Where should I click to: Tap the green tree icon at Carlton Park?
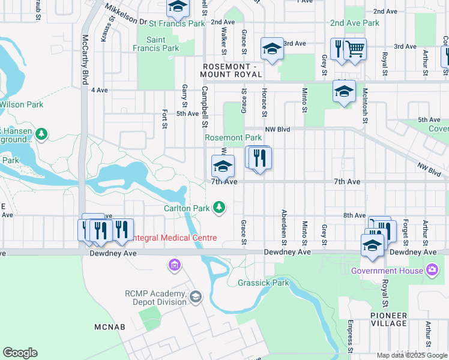coord(220,207)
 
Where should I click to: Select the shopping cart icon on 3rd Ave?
coord(356,49)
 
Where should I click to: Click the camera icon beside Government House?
coord(431,269)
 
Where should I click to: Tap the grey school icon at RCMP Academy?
coord(195,297)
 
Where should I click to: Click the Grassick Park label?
coord(263,283)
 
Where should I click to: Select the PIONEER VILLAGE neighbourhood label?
coord(388,319)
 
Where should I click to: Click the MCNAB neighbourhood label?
coord(109,327)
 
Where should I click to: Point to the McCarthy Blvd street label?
coord(85,59)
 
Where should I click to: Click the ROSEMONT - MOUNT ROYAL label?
coord(232,70)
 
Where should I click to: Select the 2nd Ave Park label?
coord(354,23)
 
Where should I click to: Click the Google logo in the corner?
coord(20,353)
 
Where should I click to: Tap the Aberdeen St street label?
coord(283,227)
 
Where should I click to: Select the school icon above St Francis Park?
coord(177,7)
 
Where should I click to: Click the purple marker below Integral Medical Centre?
coord(175,264)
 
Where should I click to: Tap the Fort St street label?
coord(164,119)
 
